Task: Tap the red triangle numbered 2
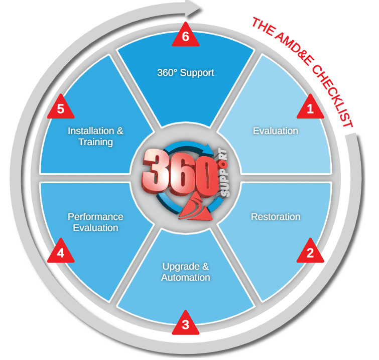coord(310,252)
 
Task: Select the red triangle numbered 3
coord(185,324)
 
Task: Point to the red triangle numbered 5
coord(60,109)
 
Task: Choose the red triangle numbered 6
coord(185,38)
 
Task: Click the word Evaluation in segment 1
coord(276,131)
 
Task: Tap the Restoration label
coord(276,217)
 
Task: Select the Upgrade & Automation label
coord(186,272)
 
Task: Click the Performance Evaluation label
coord(95,222)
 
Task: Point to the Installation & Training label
coord(95,137)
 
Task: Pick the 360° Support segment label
coord(185,73)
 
